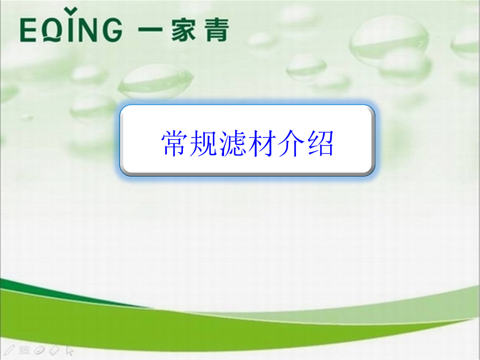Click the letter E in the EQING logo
(28, 30)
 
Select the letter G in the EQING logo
(112, 30)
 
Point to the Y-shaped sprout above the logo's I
(71, 11)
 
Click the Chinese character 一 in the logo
(150, 30)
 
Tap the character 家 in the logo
(183, 30)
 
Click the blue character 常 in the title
(173, 143)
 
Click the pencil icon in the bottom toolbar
(10, 350)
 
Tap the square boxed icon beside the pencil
(24, 350)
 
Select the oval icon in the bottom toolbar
(39, 350)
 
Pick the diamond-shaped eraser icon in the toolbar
(54, 350)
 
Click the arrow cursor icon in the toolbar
(70, 350)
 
